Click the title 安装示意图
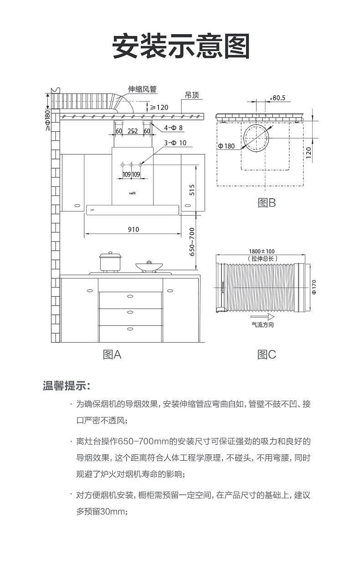click(x=181, y=46)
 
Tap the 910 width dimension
click(x=133, y=229)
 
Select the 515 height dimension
click(x=192, y=190)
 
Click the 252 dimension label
click(x=133, y=131)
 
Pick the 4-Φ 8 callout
click(x=174, y=128)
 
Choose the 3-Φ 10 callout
click(x=175, y=143)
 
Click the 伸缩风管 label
click(x=142, y=89)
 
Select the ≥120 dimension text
click(x=159, y=108)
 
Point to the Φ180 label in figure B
click(x=226, y=146)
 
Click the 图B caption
click(x=267, y=203)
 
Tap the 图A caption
click(x=112, y=354)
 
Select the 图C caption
click(x=267, y=354)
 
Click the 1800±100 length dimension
click(x=262, y=252)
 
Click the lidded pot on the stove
click(x=110, y=262)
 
